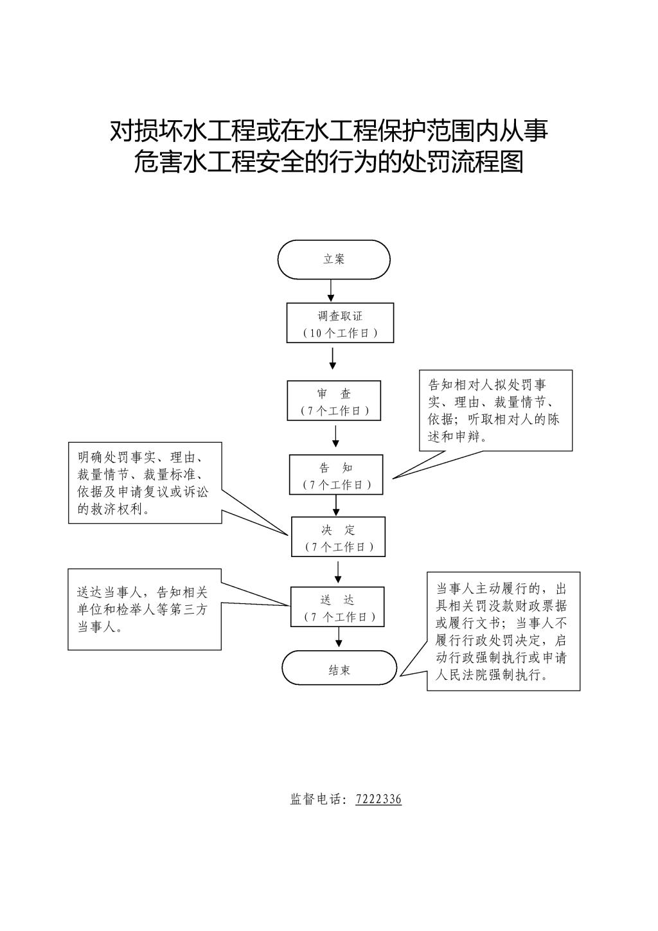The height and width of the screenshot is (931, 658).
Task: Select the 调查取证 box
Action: click(x=340, y=323)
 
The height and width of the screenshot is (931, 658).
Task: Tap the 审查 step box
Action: click(x=333, y=401)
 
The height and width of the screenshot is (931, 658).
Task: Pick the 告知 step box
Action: click(x=336, y=475)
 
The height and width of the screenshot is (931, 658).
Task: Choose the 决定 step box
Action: click(x=338, y=536)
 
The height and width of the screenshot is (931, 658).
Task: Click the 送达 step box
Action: click(x=337, y=607)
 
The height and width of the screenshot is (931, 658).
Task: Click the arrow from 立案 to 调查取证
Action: click(x=331, y=290)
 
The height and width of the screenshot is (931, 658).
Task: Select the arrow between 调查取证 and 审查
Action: click(x=332, y=359)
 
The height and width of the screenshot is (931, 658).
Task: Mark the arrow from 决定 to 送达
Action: click(x=338, y=572)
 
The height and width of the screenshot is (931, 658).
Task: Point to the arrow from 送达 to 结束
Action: click(x=339, y=637)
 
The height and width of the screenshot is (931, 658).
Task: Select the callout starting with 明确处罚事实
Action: click(x=145, y=483)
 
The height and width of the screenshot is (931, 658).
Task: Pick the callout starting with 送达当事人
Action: click(x=144, y=609)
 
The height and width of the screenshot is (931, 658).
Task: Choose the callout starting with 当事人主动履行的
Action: click(x=503, y=632)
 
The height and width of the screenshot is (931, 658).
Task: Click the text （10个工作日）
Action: click(x=340, y=333)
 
